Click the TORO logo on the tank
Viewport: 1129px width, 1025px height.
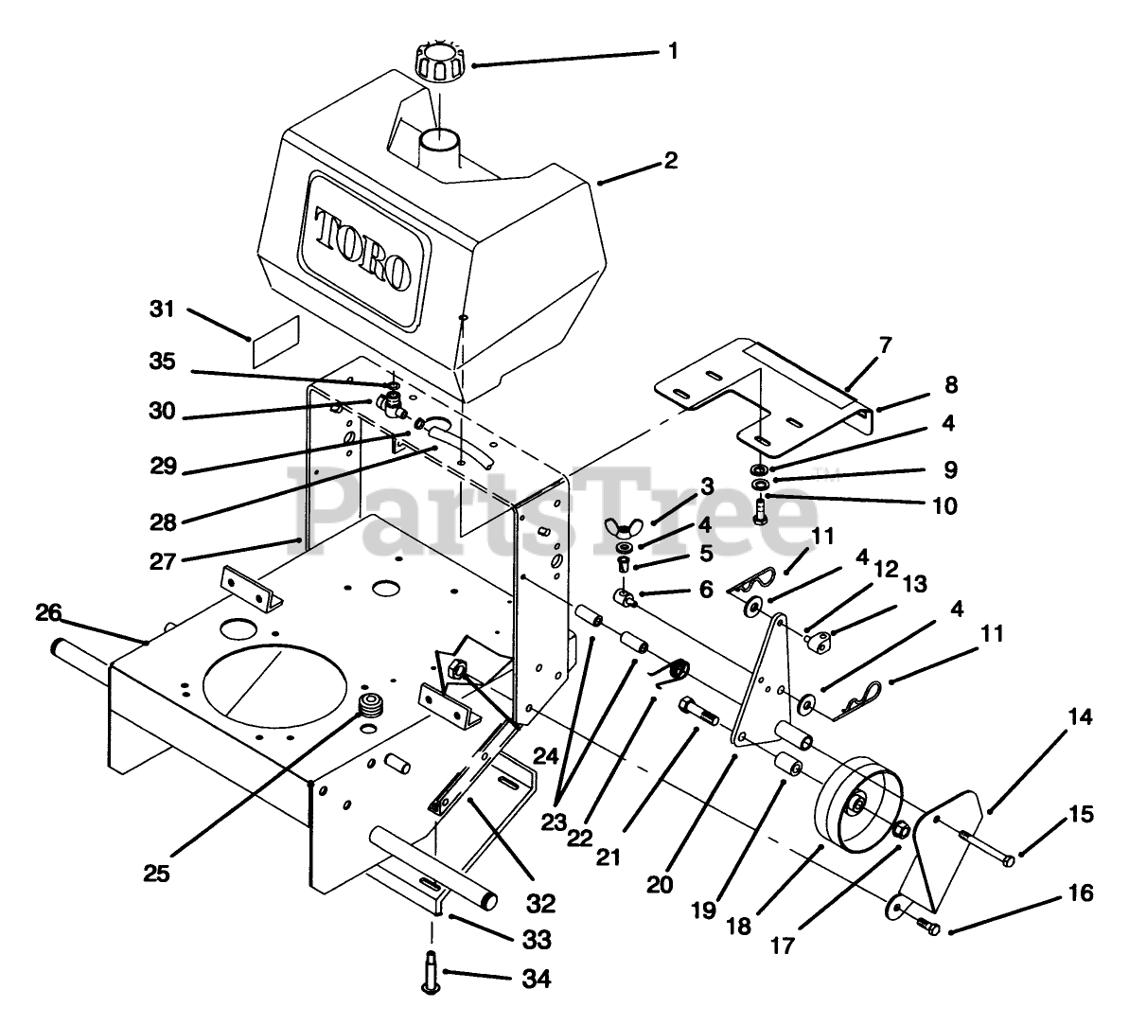click(x=363, y=248)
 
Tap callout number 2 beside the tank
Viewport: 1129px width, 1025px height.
click(x=670, y=160)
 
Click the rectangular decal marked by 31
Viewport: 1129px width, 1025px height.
click(x=275, y=341)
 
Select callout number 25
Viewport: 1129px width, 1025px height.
click(x=157, y=873)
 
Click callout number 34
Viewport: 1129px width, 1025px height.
click(x=535, y=978)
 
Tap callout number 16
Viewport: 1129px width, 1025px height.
click(x=1080, y=892)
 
